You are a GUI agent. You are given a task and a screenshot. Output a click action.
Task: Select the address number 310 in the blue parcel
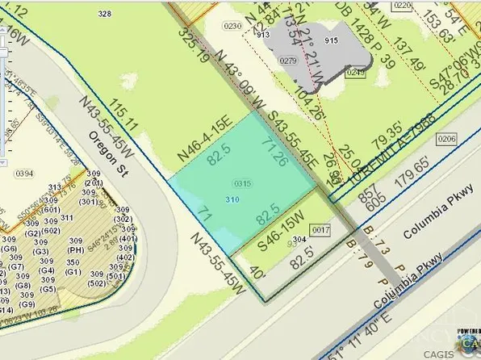click(x=232, y=199)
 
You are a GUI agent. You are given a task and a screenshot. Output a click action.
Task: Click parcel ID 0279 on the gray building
click(x=288, y=61)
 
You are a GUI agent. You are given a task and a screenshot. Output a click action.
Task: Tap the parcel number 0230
click(x=232, y=26)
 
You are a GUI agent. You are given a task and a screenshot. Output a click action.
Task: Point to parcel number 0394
click(x=23, y=173)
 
